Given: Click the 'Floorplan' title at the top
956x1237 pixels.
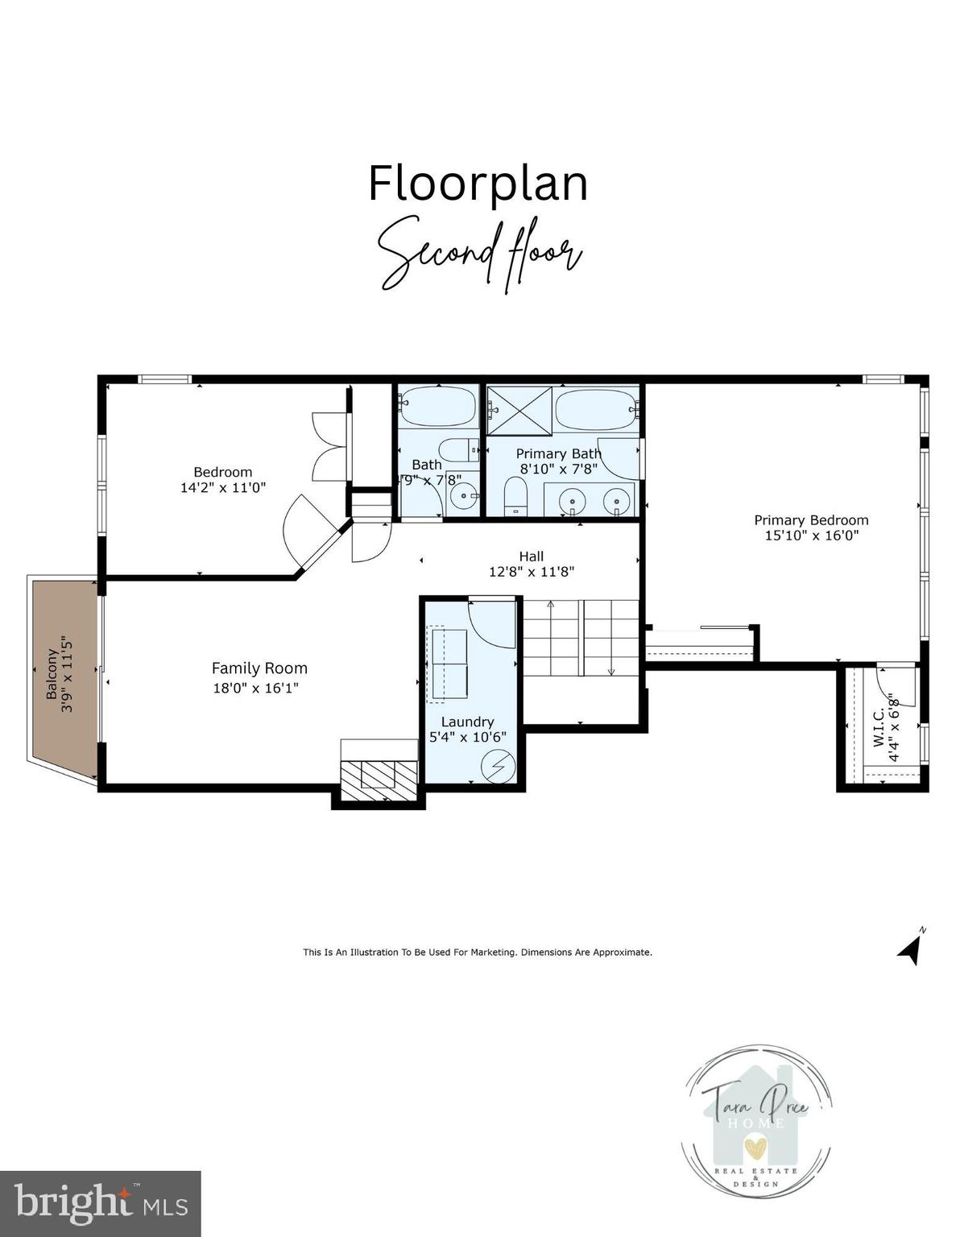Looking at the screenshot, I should point(478,184).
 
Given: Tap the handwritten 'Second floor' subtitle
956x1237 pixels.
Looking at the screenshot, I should point(480,253).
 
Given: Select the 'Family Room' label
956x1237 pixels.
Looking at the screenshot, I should point(259,668).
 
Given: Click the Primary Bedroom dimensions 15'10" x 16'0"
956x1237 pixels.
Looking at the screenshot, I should point(811,536).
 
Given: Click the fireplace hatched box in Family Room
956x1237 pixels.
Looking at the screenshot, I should point(379,778).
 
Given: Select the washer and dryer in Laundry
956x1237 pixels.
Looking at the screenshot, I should point(449,664).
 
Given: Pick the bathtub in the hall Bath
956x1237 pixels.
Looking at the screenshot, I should point(437,407).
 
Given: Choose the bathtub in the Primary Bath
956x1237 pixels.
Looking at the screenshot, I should point(596,409).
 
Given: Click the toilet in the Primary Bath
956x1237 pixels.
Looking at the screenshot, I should point(515,495).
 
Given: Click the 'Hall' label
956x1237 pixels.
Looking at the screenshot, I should point(531,556).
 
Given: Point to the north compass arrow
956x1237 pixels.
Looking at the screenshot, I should point(911,948).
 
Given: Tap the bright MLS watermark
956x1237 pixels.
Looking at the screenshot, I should point(100,1204).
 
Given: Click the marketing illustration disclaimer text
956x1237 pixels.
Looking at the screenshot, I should point(478,952).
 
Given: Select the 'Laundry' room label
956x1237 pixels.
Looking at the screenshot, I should point(467,722).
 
